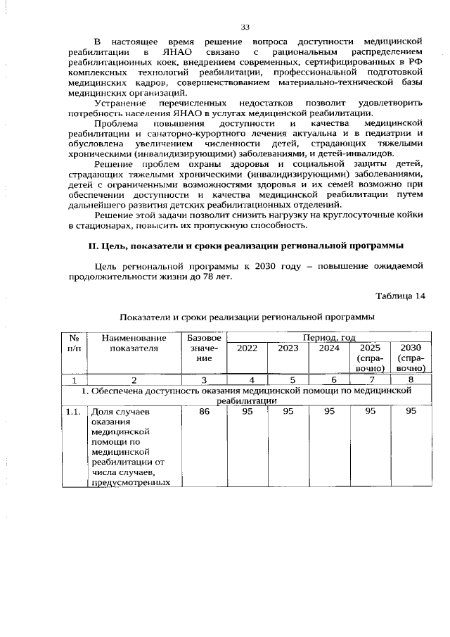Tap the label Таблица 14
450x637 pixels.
tap(401, 295)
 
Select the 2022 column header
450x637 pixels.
tap(247, 348)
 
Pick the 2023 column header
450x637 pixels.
tap(288, 348)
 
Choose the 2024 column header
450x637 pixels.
tap(329, 348)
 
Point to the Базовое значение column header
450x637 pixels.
tap(204, 348)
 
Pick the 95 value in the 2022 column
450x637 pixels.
tap(247, 412)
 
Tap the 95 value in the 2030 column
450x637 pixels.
tap(411, 412)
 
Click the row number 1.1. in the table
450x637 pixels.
tap(73, 412)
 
